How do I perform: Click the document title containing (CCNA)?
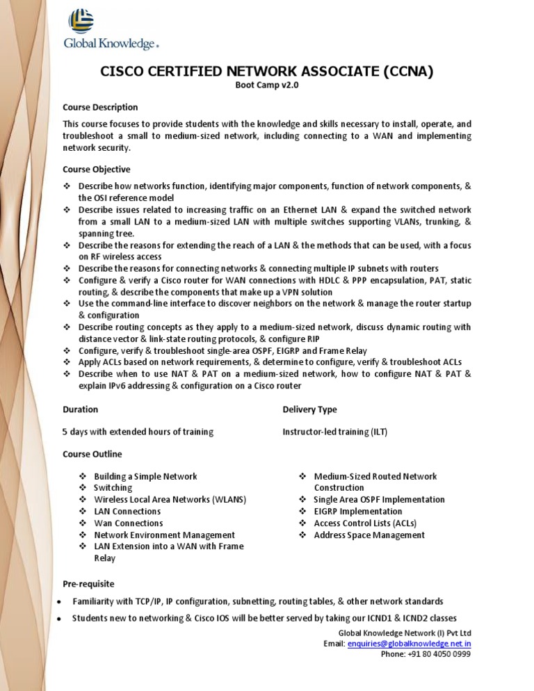pyautogui.click(x=267, y=71)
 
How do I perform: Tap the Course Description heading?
pyautogui.click(x=100, y=107)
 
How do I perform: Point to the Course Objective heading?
pyautogui.click(x=96, y=169)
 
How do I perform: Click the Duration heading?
pyautogui.click(x=80, y=409)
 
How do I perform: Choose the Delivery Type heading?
pyautogui.click(x=309, y=409)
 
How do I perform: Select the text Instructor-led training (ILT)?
pyautogui.click(x=334, y=432)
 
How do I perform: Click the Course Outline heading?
pyautogui.click(x=92, y=454)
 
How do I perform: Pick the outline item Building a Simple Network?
pyautogui.click(x=145, y=476)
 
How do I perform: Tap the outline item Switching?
pyautogui.click(x=113, y=488)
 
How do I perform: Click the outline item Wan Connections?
pyautogui.click(x=129, y=523)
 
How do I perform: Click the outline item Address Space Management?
pyautogui.click(x=369, y=535)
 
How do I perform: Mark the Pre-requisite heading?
pyautogui.click(x=88, y=583)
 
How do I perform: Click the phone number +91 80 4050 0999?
pyautogui.click(x=426, y=654)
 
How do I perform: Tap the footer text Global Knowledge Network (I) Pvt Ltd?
pyautogui.click(x=404, y=633)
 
